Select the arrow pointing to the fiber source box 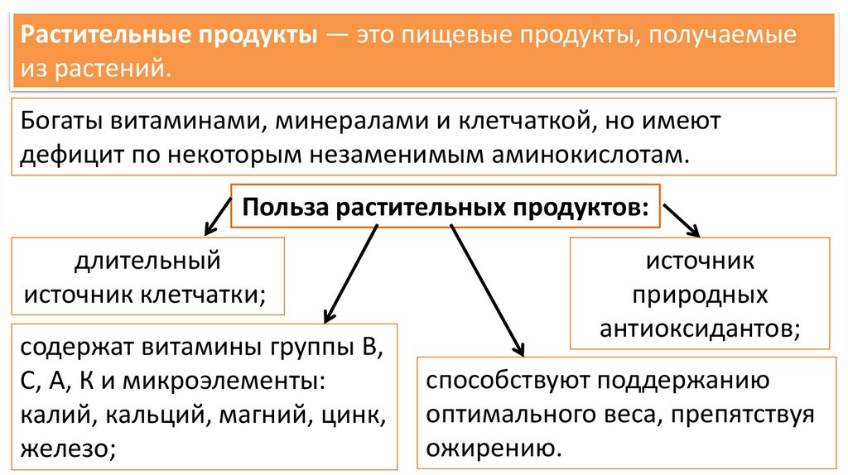coord(215,212)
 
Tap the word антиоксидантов coord(700,329)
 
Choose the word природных coord(700,295)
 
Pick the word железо coord(63,448)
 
